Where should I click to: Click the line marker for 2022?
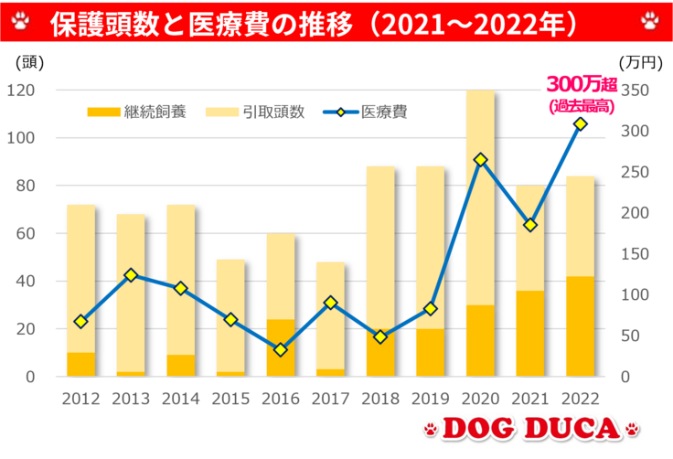pyautogui.click(x=580, y=123)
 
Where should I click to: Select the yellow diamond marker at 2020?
pyautogui.click(x=480, y=160)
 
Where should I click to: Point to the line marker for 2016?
pyautogui.click(x=281, y=349)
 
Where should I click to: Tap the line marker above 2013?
pyautogui.click(x=131, y=274)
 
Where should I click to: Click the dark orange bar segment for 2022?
pyautogui.click(x=580, y=326)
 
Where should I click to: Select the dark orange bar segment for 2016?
pyautogui.click(x=281, y=347)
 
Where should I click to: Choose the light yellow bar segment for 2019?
pyautogui.click(x=431, y=247)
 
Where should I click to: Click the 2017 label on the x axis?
pyautogui.click(x=330, y=399)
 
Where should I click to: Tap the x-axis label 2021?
pyautogui.click(x=529, y=399)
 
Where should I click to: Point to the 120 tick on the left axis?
pyautogui.click(x=20, y=91)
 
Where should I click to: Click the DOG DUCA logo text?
pyautogui.click(x=531, y=429)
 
